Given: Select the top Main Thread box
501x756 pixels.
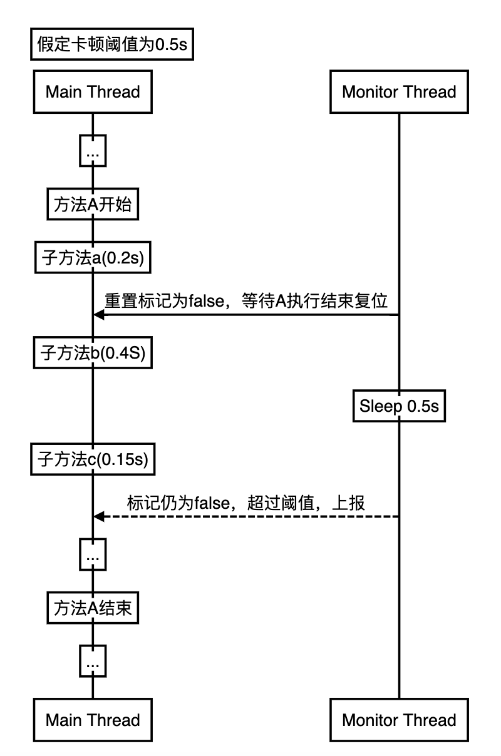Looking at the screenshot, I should (x=93, y=93).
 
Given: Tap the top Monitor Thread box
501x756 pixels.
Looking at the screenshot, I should (x=399, y=93).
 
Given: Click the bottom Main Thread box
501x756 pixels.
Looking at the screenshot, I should (x=93, y=719).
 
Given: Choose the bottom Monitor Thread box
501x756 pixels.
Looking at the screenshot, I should (x=399, y=719).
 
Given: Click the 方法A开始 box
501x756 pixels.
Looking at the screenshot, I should (x=93, y=205).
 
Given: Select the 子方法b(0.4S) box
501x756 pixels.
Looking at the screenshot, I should (x=93, y=354).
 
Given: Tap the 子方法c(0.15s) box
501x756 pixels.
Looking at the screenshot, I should (x=93, y=460).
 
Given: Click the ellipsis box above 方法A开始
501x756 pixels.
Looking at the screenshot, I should (x=93, y=151).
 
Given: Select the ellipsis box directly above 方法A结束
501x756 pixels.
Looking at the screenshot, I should (x=93, y=555).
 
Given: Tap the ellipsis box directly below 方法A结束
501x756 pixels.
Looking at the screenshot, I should (x=93, y=661).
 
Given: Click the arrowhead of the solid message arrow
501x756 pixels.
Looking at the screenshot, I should (x=98, y=315).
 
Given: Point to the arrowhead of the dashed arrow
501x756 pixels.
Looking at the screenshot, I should (x=98, y=516).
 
